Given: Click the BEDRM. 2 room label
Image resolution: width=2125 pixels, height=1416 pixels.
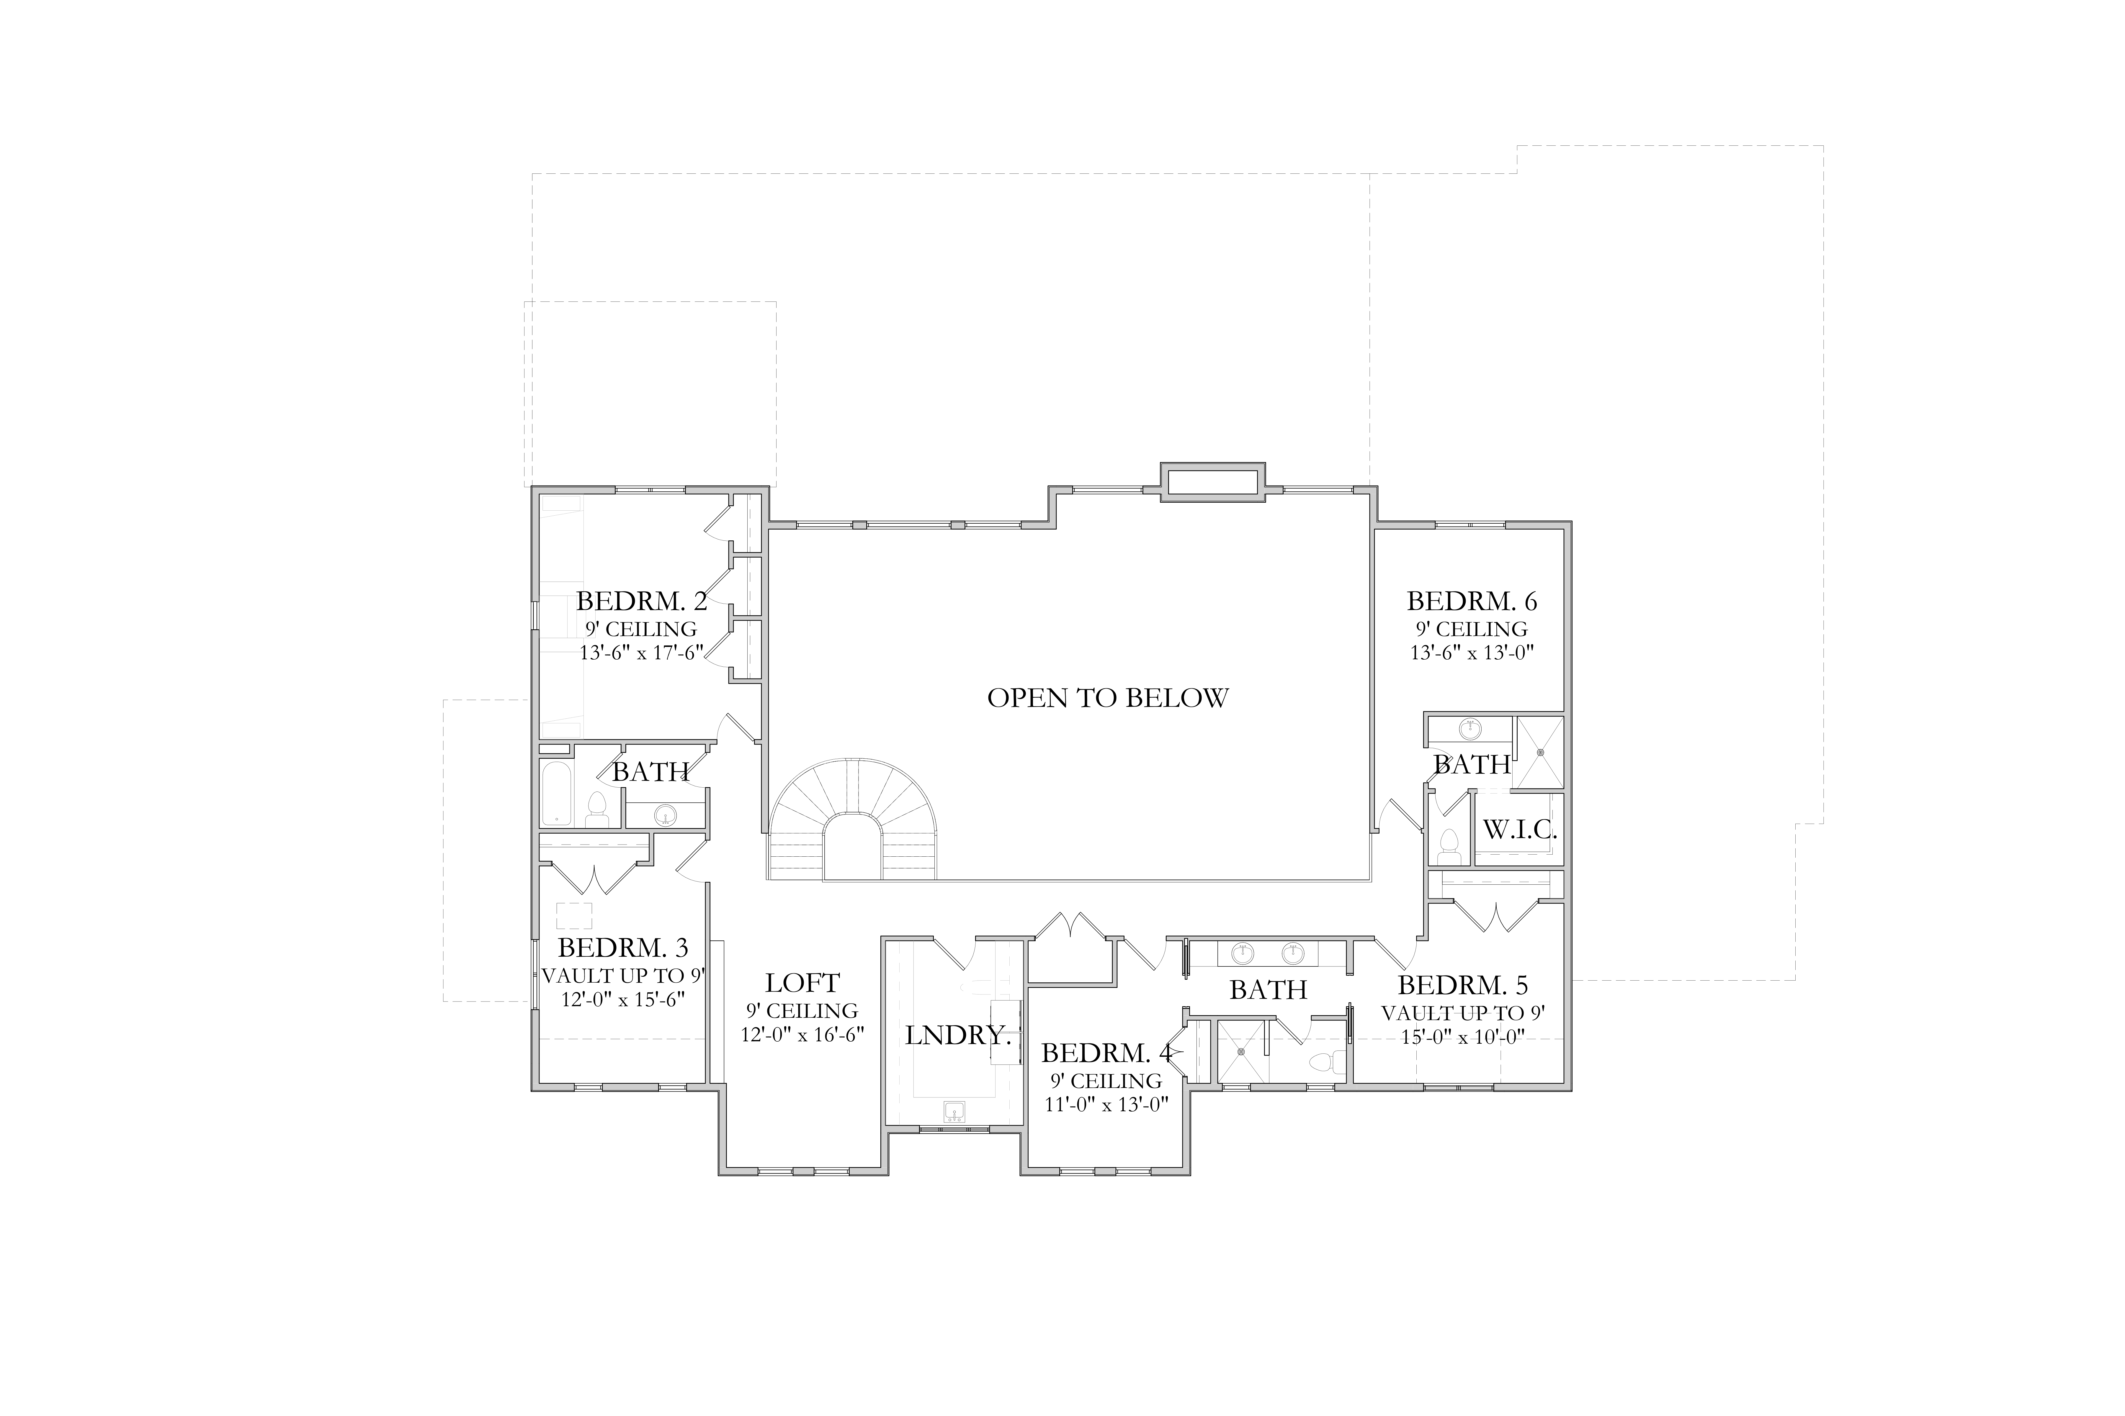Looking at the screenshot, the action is click(x=641, y=602).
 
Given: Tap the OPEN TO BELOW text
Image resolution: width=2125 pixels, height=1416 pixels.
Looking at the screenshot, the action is click(x=1108, y=698).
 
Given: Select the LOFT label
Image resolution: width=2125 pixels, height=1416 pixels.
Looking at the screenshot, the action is click(x=802, y=983).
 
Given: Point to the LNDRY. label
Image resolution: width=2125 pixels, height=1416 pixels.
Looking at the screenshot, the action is click(x=958, y=1036).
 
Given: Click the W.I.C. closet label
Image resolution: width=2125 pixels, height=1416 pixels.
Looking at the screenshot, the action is click(x=1520, y=830).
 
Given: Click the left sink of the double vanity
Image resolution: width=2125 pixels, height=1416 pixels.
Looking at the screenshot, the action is click(x=1244, y=952).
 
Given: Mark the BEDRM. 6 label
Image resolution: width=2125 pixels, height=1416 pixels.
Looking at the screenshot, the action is click(x=1472, y=602).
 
